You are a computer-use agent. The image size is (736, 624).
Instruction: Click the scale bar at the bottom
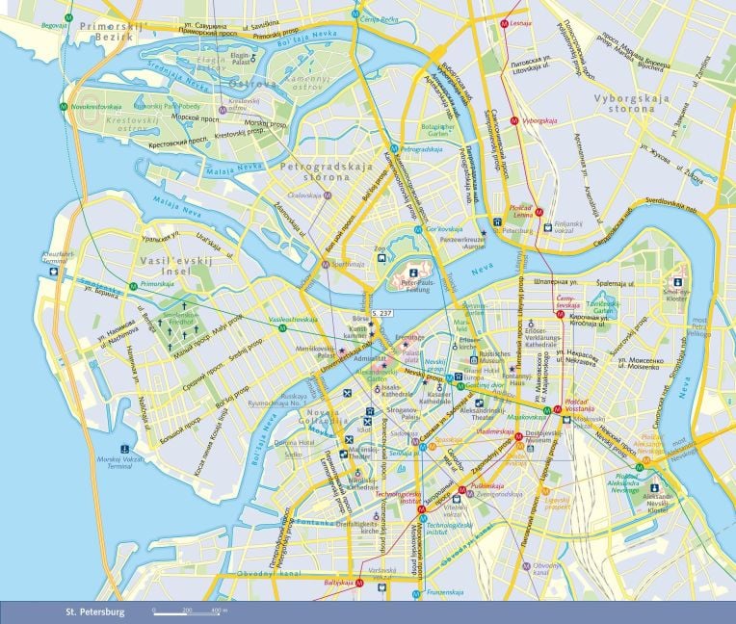pos(189,611)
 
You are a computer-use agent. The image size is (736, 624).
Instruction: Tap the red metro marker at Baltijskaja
pos(359,583)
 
